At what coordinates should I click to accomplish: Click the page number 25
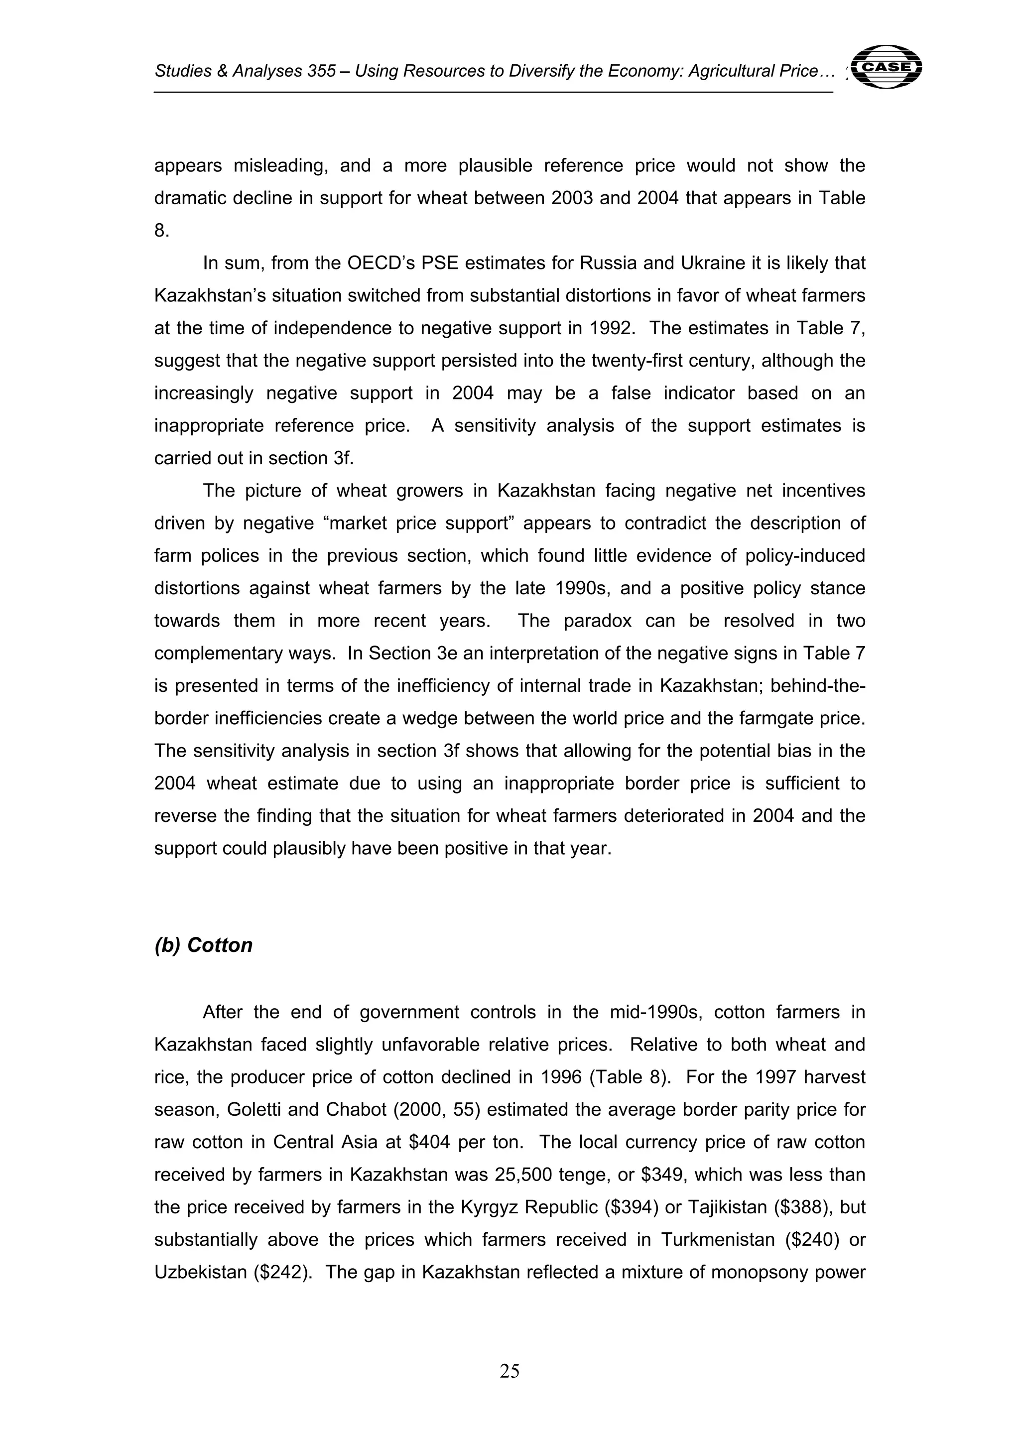pos(509,1371)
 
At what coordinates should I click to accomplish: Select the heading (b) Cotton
pos(203,945)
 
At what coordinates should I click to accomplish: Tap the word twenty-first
pos(636,361)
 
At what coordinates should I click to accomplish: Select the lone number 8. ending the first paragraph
pos(161,231)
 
